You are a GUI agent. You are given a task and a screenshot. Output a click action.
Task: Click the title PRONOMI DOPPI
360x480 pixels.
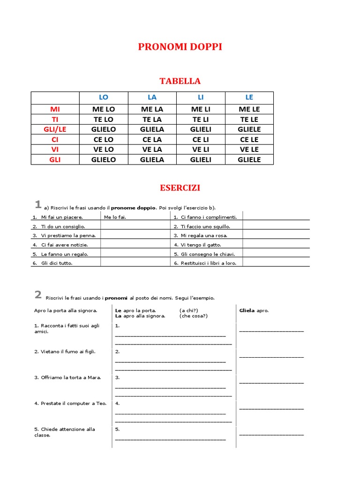pos(180,47)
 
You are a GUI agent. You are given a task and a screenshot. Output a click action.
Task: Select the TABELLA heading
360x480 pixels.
pos(180,81)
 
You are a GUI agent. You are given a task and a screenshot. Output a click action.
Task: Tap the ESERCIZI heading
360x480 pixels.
pos(180,188)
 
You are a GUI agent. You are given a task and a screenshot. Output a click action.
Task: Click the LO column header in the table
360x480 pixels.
pos(103,97)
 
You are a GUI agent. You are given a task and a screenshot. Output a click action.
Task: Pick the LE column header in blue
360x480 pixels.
pos(249,97)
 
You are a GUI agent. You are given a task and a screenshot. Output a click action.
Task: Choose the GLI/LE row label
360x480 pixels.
pos(55,129)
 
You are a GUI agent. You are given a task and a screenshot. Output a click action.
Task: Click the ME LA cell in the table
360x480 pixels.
pos(152,109)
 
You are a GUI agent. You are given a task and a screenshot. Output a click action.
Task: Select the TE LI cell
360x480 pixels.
pos(201,120)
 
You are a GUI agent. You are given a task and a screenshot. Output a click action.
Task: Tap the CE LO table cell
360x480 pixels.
pos(103,140)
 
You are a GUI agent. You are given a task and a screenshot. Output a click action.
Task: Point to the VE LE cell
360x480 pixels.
pos(249,150)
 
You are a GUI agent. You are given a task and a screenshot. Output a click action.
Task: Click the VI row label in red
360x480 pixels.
pos(55,150)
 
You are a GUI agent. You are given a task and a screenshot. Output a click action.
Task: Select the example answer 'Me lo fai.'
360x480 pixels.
pos(115,217)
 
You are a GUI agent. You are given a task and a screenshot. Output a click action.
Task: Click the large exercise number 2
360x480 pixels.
pos(38,294)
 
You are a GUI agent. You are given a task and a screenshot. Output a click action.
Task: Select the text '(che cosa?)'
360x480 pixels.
pos(193,316)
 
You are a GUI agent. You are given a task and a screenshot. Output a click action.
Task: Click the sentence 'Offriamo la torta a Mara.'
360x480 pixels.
pos(67,377)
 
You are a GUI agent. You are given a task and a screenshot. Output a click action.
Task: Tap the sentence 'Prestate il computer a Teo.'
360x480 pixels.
pos(70,403)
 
